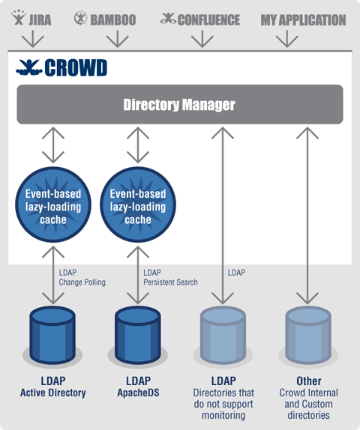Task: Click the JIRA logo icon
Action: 19,17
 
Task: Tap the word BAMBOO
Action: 113,20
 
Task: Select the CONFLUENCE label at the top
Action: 208,20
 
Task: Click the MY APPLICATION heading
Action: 303,20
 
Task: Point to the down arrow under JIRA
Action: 33,38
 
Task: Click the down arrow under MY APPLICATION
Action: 287,38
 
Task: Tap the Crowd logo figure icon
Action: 28,67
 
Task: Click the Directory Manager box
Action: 180,104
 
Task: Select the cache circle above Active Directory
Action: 53,205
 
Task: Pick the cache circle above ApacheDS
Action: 138,205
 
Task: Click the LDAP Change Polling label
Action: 82,277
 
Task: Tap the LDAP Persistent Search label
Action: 170,277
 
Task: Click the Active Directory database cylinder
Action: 52,335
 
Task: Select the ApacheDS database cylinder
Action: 137,335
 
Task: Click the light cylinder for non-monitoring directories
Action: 223,335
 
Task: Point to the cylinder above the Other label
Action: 308,335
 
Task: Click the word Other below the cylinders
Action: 309,381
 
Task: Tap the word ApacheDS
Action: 138,393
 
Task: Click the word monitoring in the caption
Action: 223,415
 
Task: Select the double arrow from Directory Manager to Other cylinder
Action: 307,216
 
